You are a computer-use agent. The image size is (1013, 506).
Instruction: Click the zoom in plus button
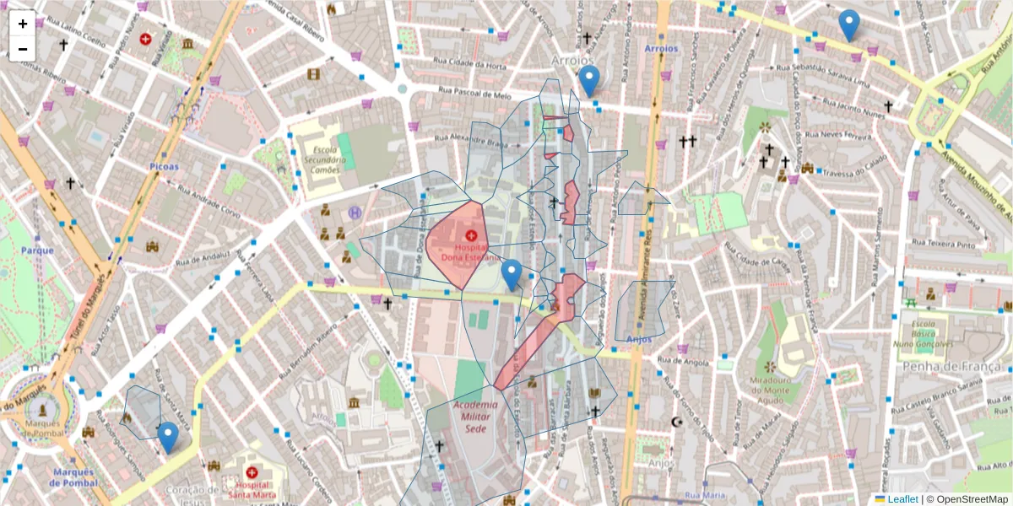[x=23, y=24]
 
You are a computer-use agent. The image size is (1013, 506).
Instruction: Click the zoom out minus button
[x=23, y=49]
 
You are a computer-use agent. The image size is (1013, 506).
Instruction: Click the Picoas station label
[x=164, y=166]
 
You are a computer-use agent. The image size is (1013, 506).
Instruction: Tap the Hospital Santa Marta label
[x=251, y=490]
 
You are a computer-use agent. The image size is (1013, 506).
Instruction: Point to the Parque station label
[x=37, y=250]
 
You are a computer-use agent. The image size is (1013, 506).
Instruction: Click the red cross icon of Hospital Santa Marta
[x=251, y=472]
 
